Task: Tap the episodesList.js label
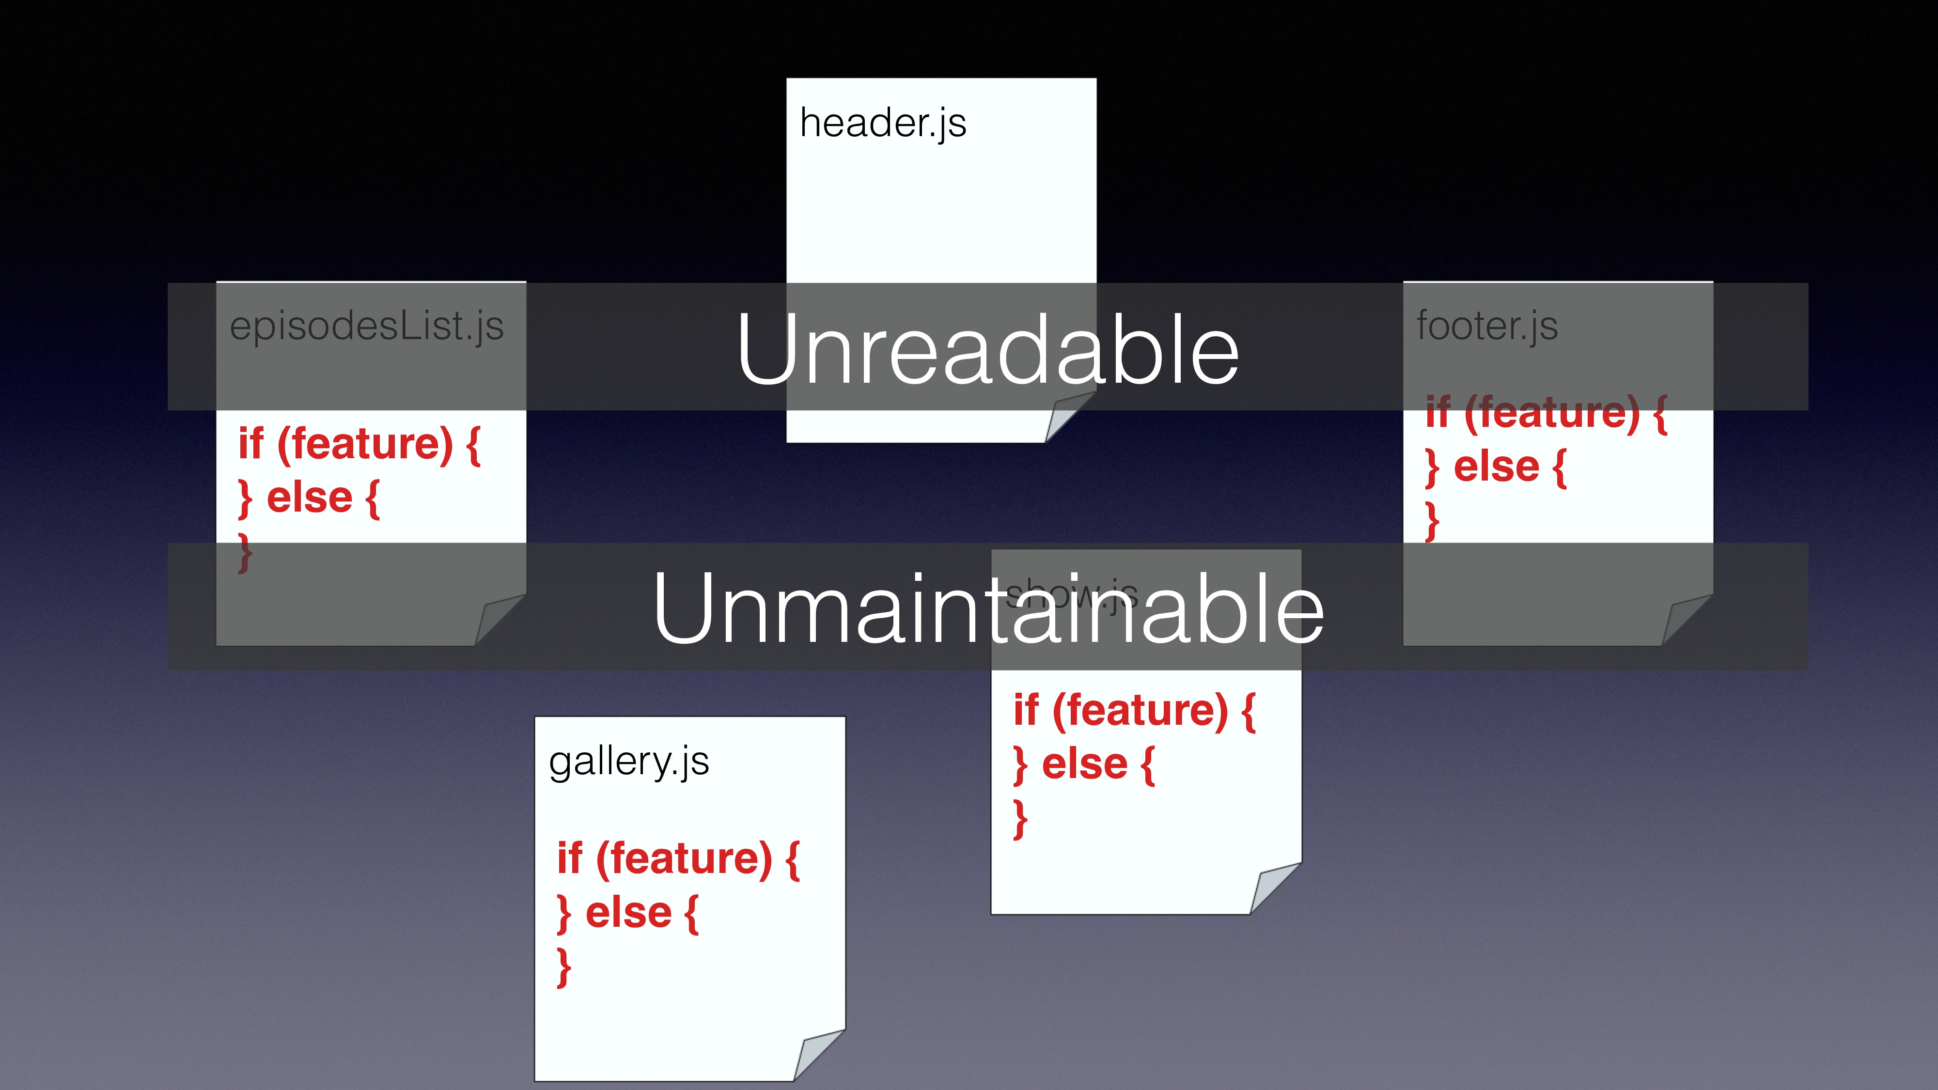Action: (x=366, y=327)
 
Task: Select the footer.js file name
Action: (x=1486, y=327)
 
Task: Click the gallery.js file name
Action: (x=629, y=761)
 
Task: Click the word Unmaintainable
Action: (x=988, y=608)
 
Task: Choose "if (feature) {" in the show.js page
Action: (x=1134, y=711)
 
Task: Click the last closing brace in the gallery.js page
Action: (x=563, y=967)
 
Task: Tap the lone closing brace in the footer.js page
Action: (x=1433, y=521)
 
